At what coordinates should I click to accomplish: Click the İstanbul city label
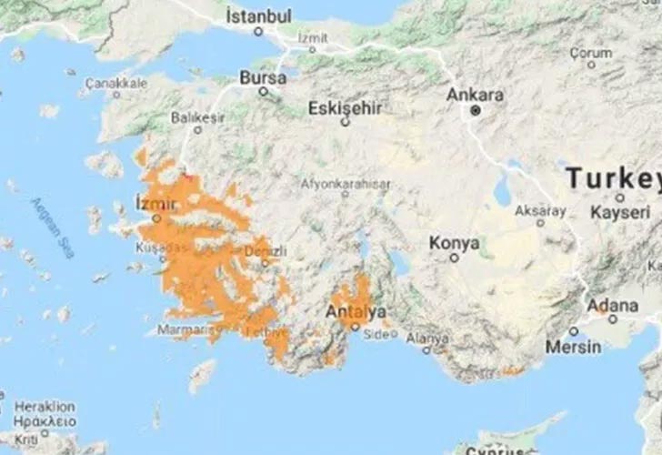click(258, 16)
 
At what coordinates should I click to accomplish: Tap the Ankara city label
click(475, 95)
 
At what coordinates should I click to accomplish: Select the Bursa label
click(263, 78)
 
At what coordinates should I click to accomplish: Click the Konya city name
click(454, 243)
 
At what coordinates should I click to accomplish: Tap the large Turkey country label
click(612, 177)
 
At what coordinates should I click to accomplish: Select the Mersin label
click(573, 347)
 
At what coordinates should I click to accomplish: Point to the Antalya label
click(355, 311)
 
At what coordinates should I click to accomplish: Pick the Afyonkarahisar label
click(346, 183)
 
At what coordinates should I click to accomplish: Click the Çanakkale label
click(115, 83)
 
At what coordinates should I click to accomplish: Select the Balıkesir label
click(197, 116)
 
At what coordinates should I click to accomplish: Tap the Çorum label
click(591, 53)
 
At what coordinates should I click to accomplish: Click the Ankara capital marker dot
click(475, 111)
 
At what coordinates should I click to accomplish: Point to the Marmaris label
click(185, 330)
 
